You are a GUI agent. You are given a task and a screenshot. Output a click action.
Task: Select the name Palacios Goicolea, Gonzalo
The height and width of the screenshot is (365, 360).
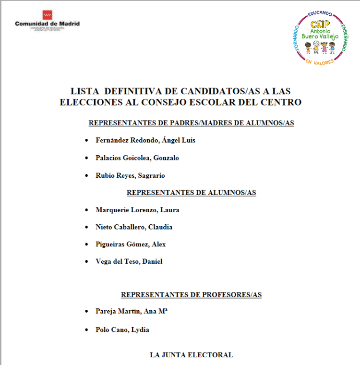point(137,158)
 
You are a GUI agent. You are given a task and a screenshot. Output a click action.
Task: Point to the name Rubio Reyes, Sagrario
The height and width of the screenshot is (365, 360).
point(130,175)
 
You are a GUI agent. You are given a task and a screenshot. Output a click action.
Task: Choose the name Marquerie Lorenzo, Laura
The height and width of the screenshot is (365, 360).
point(137,210)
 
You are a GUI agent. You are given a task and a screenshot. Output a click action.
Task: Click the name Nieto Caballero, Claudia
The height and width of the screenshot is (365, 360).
point(134,227)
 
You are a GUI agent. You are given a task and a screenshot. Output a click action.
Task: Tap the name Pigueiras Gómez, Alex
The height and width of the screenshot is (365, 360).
point(131,244)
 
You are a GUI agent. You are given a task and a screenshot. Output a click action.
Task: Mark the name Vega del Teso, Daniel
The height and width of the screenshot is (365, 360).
point(129,262)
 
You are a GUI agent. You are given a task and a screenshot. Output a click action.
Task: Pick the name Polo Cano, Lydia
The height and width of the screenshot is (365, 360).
point(122,329)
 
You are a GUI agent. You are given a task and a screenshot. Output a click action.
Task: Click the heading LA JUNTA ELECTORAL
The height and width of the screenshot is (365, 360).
point(192,355)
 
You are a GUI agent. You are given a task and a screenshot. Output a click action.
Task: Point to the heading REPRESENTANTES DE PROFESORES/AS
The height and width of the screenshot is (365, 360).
point(191,294)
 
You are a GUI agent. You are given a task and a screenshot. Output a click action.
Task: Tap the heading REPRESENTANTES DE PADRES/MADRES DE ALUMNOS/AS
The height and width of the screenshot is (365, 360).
point(191,123)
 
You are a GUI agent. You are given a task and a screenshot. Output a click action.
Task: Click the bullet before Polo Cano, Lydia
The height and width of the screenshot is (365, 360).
point(86,330)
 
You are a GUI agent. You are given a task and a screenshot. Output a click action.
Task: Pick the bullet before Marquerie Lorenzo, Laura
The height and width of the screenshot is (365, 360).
point(86,210)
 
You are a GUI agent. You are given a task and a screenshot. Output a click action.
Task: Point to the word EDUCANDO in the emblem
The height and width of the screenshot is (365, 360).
point(321,13)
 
